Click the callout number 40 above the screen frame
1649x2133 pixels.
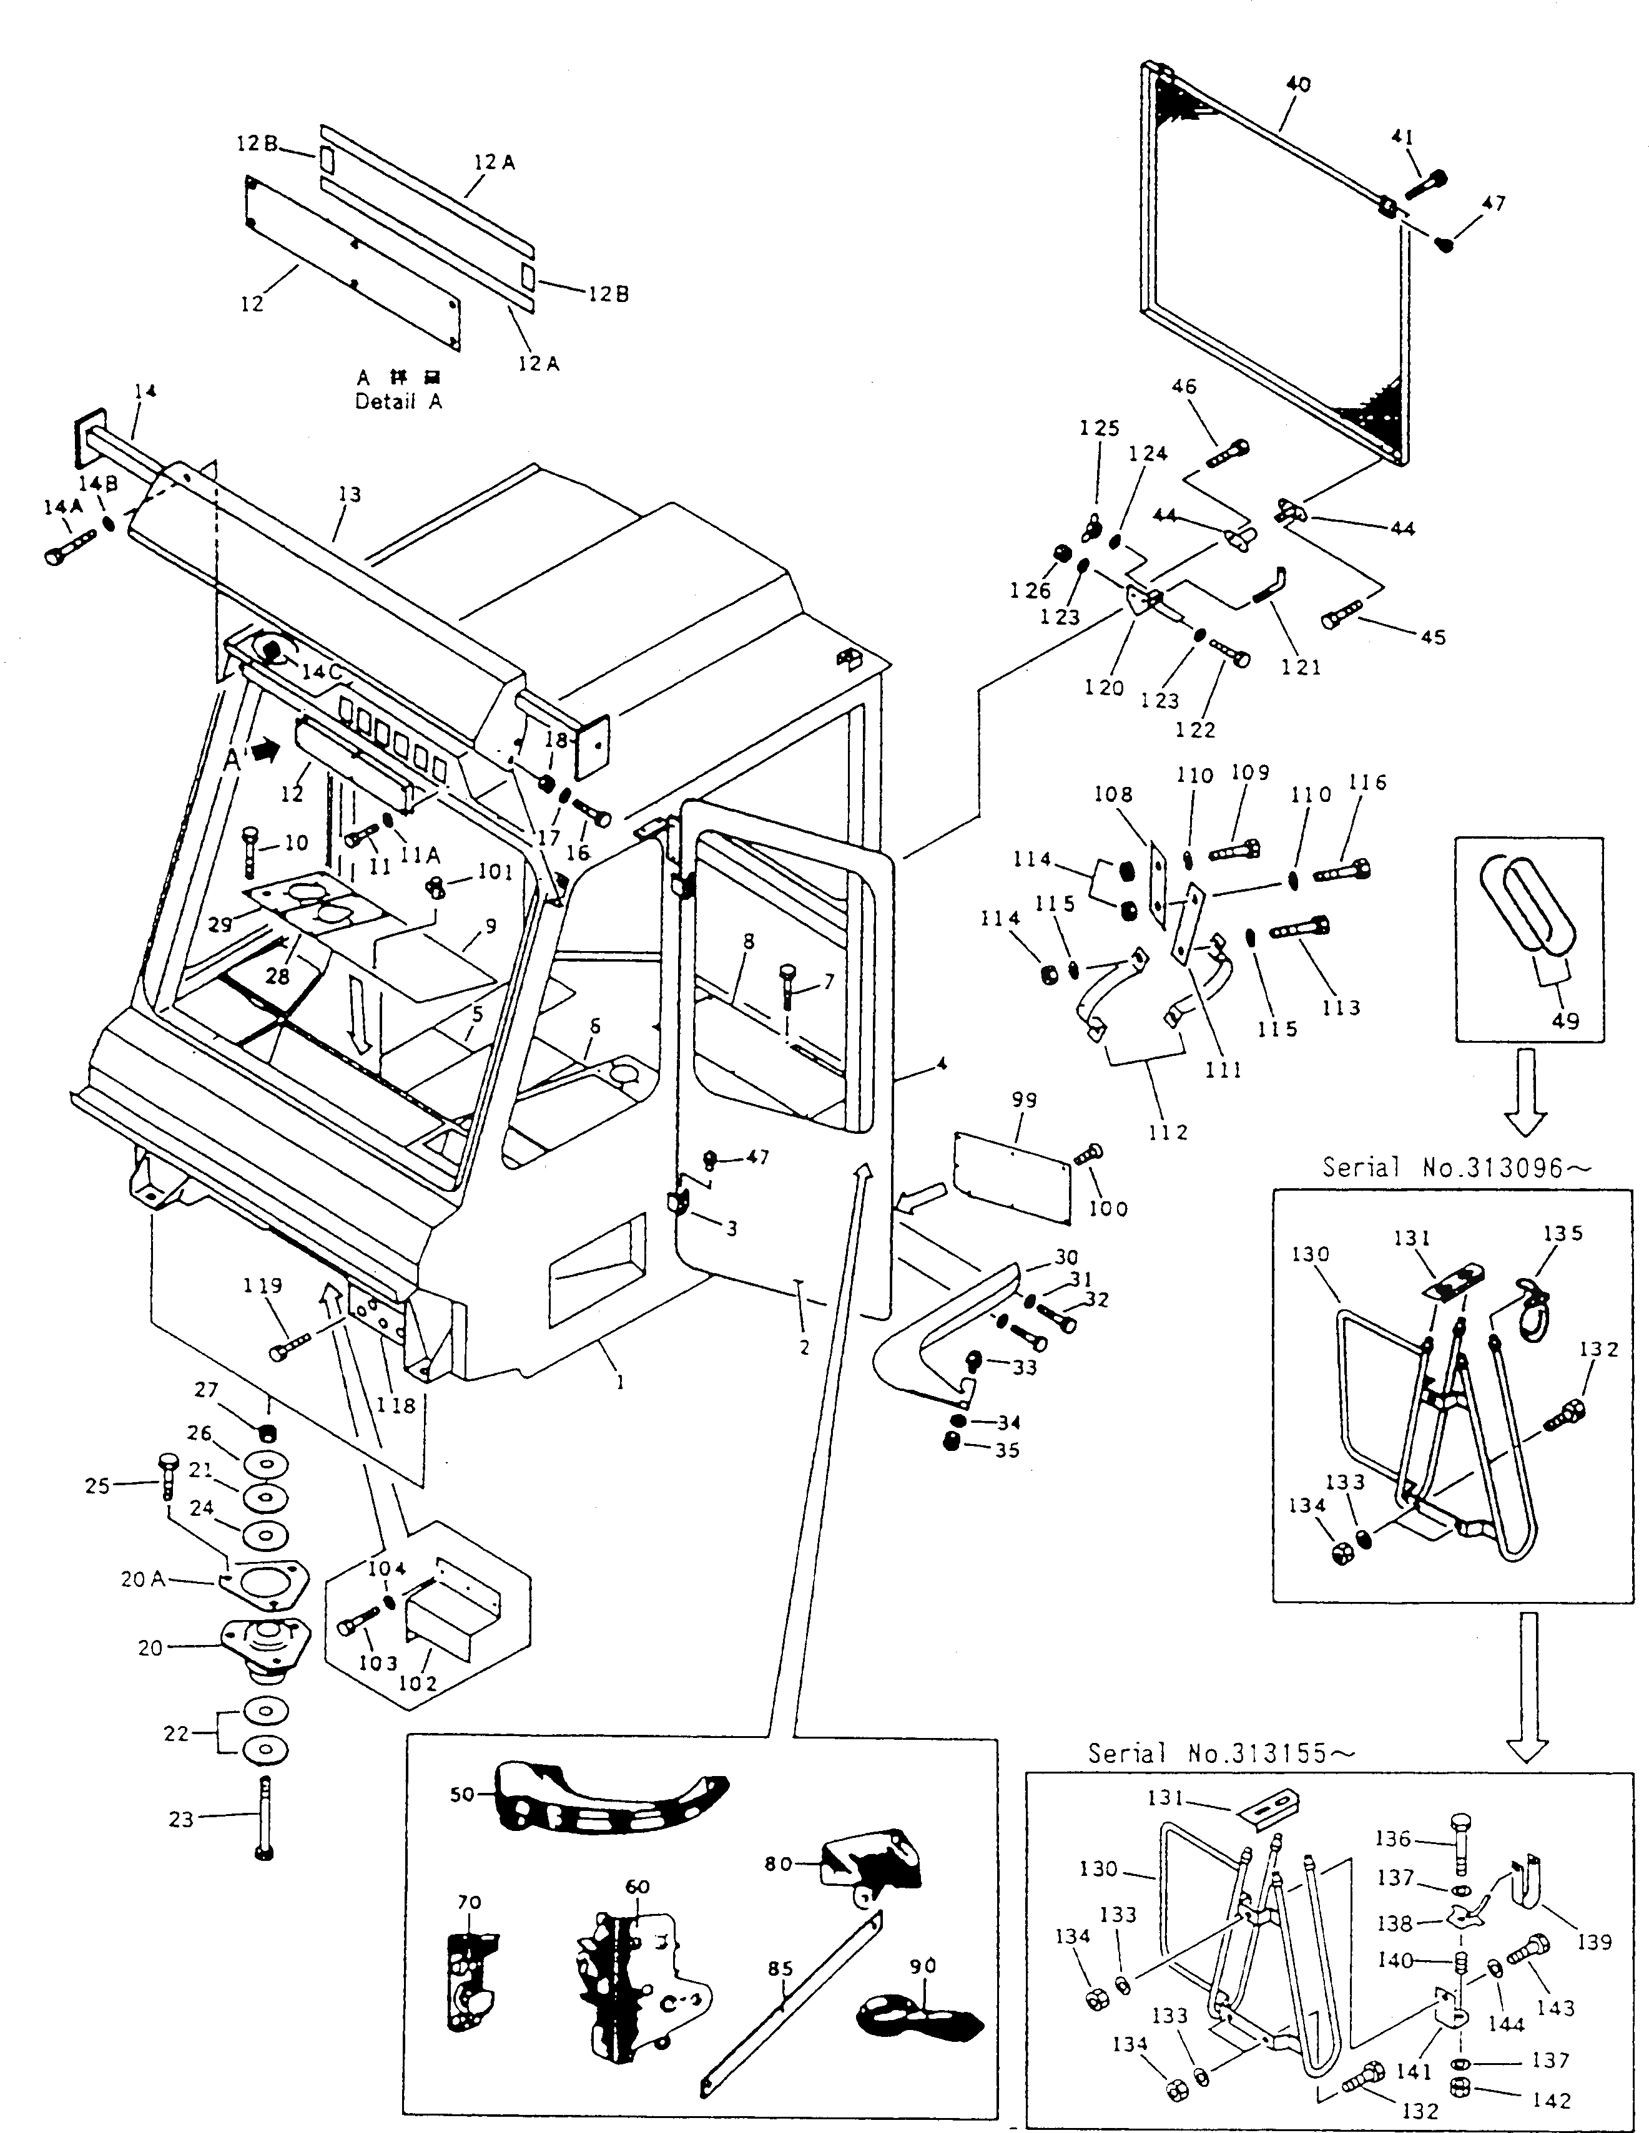tap(1298, 85)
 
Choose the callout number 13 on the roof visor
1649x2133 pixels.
tap(349, 494)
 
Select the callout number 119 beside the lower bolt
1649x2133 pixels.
tap(263, 1286)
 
